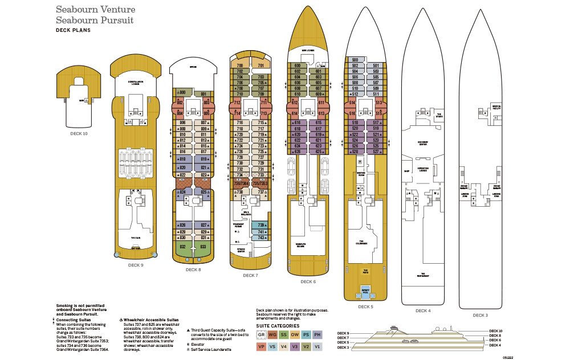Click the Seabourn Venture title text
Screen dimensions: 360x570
95,10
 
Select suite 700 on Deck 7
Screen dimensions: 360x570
240,66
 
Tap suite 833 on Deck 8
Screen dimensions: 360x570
203,247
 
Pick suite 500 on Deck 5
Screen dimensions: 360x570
355,60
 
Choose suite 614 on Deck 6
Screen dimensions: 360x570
295,113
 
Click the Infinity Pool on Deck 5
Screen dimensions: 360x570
365,292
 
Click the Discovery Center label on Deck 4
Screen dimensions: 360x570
422,143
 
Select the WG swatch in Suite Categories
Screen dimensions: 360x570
272,334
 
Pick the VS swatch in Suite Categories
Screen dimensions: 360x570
272,346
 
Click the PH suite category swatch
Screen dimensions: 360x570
318,334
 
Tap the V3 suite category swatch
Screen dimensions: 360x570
295,346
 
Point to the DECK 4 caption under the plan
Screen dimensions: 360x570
422,310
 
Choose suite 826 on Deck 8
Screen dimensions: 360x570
182,225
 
